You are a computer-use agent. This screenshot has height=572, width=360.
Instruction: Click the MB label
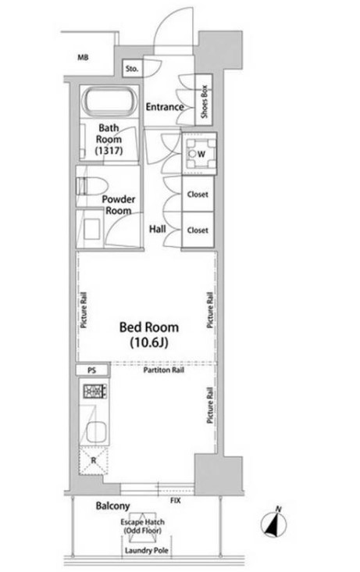click(83, 57)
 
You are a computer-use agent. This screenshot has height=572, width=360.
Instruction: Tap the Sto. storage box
click(132, 68)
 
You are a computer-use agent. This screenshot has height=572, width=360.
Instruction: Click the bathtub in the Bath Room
click(110, 102)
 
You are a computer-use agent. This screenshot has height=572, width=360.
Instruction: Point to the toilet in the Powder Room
click(91, 187)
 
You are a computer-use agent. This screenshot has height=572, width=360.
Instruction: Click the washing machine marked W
click(199, 154)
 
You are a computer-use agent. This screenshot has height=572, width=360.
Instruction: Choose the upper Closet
click(198, 194)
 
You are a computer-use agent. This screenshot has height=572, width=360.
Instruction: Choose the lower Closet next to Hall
click(198, 230)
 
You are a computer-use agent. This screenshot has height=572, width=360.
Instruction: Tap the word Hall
click(157, 229)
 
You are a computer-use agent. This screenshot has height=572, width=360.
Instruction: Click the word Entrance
click(165, 107)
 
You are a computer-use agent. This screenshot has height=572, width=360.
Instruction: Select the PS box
click(92, 370)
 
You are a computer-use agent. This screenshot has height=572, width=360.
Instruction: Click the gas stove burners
click(95, 391)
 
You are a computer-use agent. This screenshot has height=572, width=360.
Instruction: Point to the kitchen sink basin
click(97, 432)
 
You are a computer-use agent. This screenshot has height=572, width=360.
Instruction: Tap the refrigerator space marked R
click(94, 460)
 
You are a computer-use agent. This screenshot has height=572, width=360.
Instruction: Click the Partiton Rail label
click(163, 370)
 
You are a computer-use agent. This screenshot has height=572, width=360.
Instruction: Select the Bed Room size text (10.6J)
click(149, 342)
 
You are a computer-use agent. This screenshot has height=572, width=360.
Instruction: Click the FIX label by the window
click(176, 500)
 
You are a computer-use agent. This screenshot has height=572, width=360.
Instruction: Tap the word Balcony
click(112, 506)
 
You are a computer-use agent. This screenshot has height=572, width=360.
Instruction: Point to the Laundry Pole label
click(147, 550)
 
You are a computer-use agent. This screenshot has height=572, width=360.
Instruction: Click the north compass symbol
click(273, 524)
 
